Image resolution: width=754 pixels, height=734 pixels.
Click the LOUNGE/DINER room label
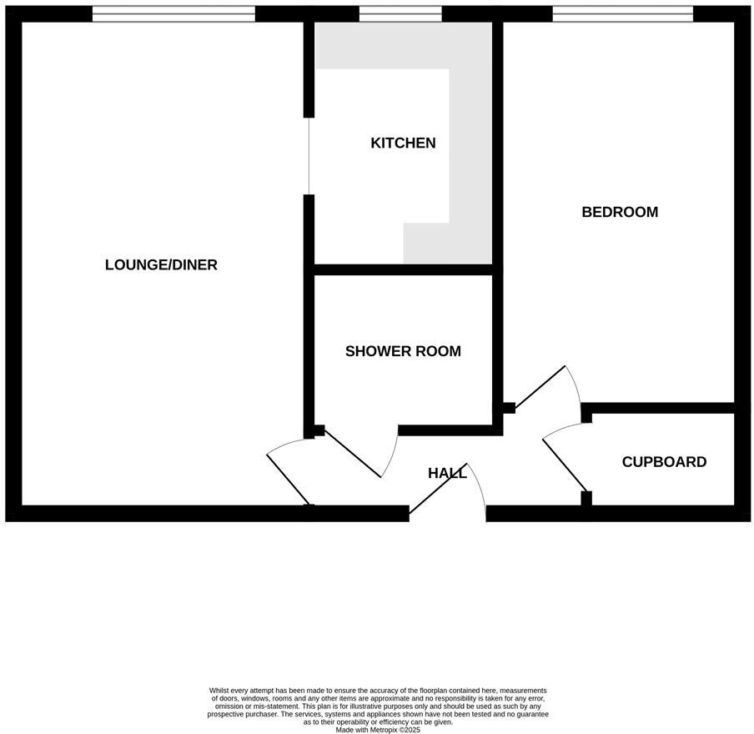click(161, 265)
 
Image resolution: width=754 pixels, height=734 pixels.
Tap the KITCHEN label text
click(403, 143)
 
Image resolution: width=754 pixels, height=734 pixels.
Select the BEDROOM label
click(620, 213)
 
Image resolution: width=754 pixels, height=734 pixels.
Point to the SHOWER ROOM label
click(403, 352)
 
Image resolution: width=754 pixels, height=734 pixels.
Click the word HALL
click(447, 474)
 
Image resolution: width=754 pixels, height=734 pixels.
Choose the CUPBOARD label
click(664, 462)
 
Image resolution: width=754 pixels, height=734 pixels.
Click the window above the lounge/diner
click(173, 14)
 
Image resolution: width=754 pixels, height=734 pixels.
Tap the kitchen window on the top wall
click(400, 14)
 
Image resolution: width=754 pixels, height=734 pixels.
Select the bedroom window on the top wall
click(622, 14)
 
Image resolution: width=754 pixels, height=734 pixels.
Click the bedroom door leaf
click(540, 388)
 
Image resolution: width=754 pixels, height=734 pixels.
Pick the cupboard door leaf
click(565, 465)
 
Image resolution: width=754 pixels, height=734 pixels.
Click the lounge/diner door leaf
click(289, 479)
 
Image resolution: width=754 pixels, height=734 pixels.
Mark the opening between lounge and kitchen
click(309, 156)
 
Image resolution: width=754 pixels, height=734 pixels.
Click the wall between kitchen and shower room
click(404, 269)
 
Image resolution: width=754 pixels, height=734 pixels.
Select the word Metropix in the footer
click(380, 730)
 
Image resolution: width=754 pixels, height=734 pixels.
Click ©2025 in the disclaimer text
click(409, 730)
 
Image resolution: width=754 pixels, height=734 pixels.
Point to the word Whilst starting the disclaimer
click(219, 691)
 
